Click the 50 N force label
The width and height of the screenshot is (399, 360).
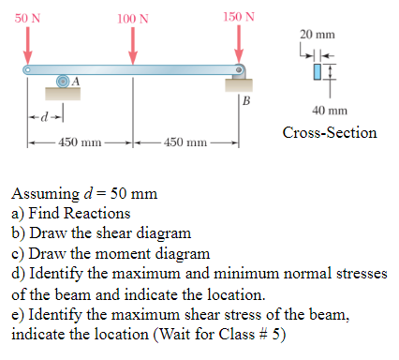(28, 16)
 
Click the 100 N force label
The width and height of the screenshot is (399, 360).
(133, 18)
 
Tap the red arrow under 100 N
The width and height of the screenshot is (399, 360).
(133, 43)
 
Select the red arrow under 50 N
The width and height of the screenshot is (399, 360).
(29, 43)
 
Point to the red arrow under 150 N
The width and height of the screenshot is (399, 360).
(240, 42)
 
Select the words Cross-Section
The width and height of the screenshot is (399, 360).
(330, 132)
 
